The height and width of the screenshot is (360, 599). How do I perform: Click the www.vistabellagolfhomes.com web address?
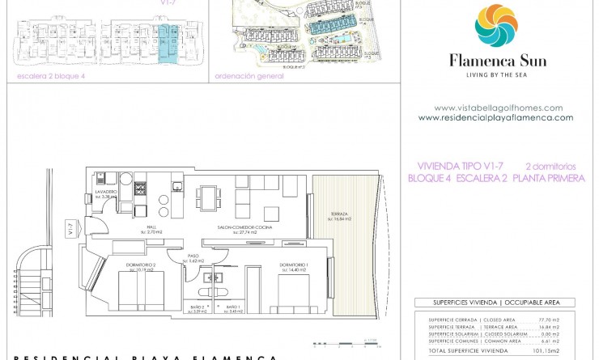[498, 108]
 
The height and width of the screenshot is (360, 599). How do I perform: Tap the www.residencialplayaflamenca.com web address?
[495, 117]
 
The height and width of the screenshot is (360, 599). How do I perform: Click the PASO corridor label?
[193, 258]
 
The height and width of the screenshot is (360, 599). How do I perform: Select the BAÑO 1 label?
[234, 308]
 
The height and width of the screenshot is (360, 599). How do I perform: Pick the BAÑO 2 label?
[198, 308]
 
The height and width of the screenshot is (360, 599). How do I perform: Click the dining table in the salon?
[208, 197]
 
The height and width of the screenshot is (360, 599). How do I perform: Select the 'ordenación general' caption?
[249, 76]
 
